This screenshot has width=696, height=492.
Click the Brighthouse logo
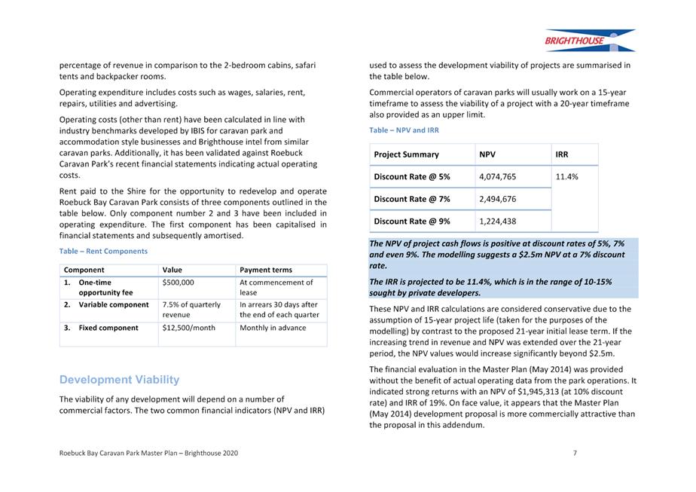tap(590, 40)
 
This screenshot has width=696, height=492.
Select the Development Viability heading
tap(119, 379)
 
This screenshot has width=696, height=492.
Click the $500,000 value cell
tap(179, 283)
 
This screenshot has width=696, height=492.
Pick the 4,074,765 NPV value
tap(497, 177)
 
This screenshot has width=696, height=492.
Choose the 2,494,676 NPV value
tap(497, 199)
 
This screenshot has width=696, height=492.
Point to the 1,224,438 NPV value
tap(497, 221)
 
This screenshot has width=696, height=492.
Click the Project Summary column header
tap(406, 154)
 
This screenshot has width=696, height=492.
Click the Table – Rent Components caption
tap(103, 251)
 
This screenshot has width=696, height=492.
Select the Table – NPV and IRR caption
tap(404, 130)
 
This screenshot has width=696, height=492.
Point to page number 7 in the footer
tap(575, 453)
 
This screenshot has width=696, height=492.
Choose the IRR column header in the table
tap(562, 154)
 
